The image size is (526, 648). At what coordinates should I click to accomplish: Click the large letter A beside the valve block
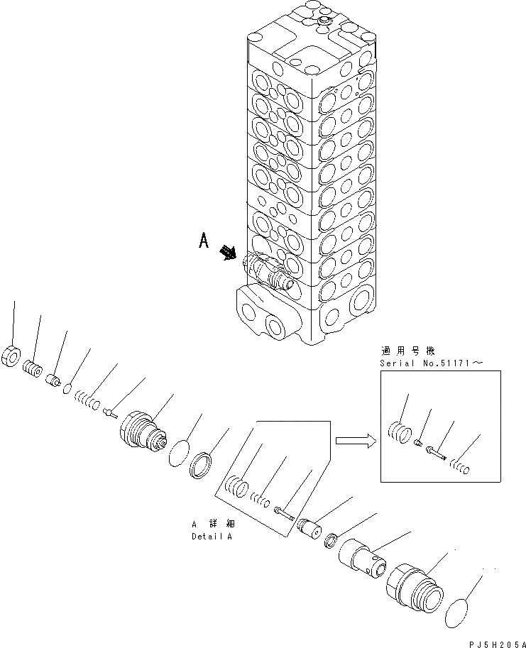pos(204,241)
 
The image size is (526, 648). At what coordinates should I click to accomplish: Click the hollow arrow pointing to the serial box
pos(353,441)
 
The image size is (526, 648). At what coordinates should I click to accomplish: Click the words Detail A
pos(212,537)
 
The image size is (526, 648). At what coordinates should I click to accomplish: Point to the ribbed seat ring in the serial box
pos(399,430)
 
